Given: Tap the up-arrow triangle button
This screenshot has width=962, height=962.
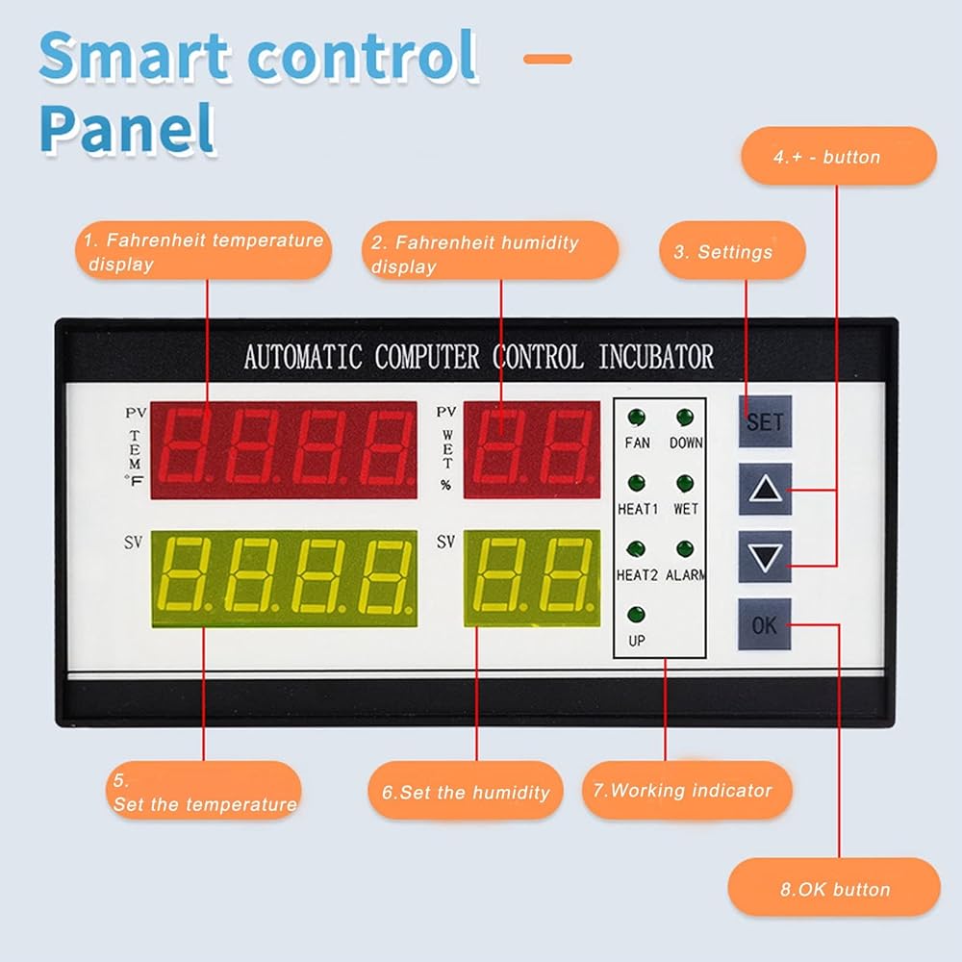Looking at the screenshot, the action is (x=765, y=489).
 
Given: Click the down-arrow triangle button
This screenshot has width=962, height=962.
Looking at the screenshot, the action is (x=765, y=557).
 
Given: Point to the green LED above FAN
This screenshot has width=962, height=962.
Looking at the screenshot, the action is (x=636, y=418).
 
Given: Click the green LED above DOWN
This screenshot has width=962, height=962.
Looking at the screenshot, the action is (x=685, y=418).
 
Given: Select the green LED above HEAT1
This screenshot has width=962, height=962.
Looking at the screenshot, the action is (x=636, y=484).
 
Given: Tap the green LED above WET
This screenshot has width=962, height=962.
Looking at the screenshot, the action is (x=685, y=484).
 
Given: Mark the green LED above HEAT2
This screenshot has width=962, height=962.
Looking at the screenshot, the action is (x=636, y=549).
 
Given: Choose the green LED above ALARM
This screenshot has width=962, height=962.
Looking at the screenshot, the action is (x=685, y=549).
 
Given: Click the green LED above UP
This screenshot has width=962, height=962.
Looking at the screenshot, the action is (x=636, y=614).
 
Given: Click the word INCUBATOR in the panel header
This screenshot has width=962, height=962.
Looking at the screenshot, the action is (x=656, y=357).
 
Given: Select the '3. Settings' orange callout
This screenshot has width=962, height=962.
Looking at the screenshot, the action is (x=732, y=251).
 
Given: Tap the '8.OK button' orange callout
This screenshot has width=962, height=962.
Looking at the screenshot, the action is (x=834, y=888).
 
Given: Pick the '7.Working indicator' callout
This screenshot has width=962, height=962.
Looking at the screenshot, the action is (x=687, y=790).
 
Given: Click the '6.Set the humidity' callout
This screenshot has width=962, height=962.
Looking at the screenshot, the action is (x=466, y=791).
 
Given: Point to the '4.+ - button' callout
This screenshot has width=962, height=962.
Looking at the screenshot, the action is (x=839, y=157).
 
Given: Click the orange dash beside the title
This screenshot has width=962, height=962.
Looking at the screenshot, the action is (x=548, y=59).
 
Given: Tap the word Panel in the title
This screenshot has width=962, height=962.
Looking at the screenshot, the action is (x=128, y=130).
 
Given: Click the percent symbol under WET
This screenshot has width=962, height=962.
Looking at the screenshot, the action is (x=446, y=485).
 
